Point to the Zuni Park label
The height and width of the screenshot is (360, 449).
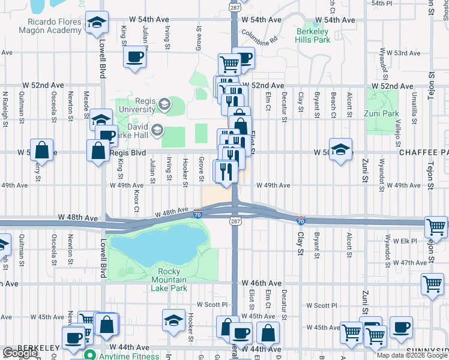click(x=382, y=113)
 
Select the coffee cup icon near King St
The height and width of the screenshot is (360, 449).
click(x=134, y=57)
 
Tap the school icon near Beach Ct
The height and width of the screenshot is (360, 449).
click(x=340, y=149)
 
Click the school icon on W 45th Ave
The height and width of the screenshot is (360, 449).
click(x=174, y=319)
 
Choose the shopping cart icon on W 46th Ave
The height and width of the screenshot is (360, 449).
click(x=432, y=285)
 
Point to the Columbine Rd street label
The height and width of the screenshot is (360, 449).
click(x=259, y=37)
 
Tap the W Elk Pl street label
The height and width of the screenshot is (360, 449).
click(x=405, y=241)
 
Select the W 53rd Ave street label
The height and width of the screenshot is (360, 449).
click(x=403, y=53)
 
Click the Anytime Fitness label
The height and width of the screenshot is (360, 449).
click(x=126, y=355)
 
